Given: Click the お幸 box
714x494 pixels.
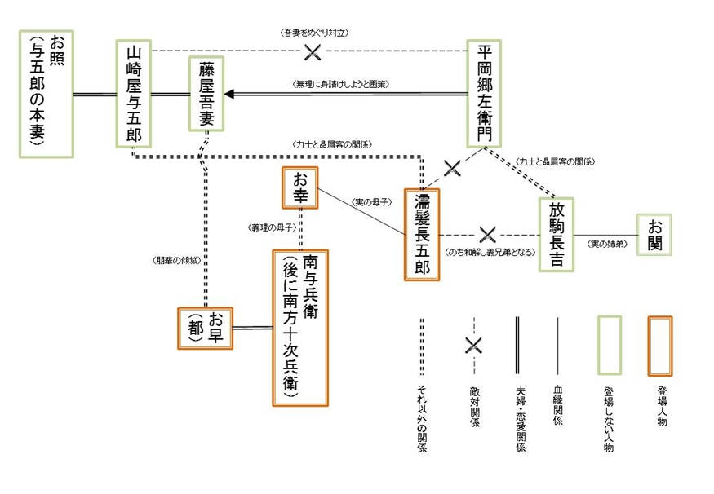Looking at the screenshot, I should (x=299, y=188).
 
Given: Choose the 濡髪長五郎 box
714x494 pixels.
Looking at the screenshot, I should (x=422, y=235).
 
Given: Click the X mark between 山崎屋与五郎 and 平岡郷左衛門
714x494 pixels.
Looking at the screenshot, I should (x=312, y=52).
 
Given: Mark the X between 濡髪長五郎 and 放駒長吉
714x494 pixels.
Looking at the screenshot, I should (x=487, y=235).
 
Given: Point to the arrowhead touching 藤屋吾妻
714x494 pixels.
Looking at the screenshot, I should (x=229, y=94).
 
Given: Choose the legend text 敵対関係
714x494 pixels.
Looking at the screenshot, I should (x=474, y=404).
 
